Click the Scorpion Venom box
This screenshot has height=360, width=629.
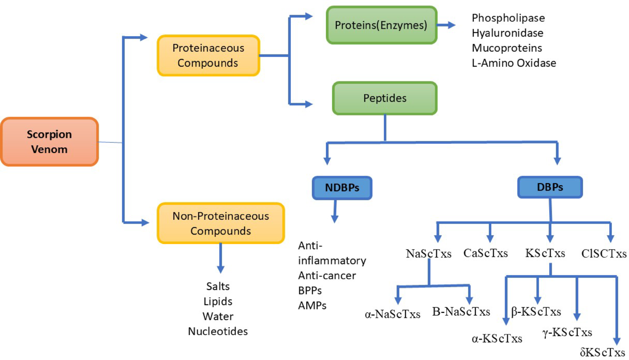pos(49,142)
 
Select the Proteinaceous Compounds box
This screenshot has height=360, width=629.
pos(208,55)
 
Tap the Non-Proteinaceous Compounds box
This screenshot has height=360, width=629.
pos(221,223)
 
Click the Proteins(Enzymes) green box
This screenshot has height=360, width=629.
pos(381,25)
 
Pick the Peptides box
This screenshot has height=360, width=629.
pos(385,98)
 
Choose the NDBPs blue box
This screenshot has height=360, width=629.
pos(342,188)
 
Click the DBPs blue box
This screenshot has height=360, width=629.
pos(550,187)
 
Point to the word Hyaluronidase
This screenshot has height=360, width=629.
pos(507,33)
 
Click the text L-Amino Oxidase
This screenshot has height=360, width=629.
pos(514,63)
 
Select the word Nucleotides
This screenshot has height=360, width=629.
pos(218,331)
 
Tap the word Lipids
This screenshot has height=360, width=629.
pos(218,301)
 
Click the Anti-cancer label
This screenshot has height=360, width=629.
pos(327,275)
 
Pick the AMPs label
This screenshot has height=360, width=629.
pos(312,305)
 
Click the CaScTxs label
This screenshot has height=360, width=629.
pos(485,253)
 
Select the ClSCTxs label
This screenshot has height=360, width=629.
pos(604,254)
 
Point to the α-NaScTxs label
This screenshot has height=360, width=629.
pos(392,314)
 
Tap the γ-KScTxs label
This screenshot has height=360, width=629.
pos(567,332)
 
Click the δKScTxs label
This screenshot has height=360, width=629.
pos(602,352)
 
